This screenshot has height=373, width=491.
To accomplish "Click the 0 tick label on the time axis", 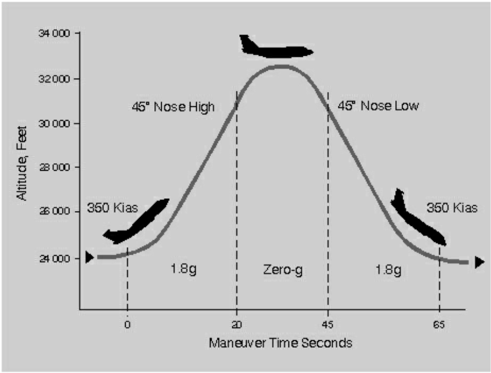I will pyautogui.click(x=127, y=324).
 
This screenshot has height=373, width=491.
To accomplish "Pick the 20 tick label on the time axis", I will pyautogui.click(x=236, y=324).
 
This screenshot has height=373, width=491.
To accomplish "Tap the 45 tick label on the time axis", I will pyautogui.click(x=328, y=324).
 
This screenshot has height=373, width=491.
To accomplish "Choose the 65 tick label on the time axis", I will pyautogui.click(x=439, y=324).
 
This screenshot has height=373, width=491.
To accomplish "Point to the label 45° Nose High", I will pyautogui.click(x=173, y=107).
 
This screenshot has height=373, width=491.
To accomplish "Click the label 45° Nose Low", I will pyautogui.click(x=378, y=106).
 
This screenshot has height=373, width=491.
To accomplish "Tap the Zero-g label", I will pyautogui.click(x=282, y=269).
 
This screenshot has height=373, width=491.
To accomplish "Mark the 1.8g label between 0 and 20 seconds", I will pyautogui.click(x=184, y=269).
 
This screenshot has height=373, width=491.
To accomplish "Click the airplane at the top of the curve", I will pyautogui.click(x=275, y=48).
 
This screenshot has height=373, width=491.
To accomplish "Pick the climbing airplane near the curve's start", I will pyautogui.click(x=137, y=221).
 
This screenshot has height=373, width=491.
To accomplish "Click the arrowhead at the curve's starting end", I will pyautogui.click(x=89, y=257).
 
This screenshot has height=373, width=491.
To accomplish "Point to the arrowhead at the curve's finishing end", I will pyautogui.click(x=480, y=263).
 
